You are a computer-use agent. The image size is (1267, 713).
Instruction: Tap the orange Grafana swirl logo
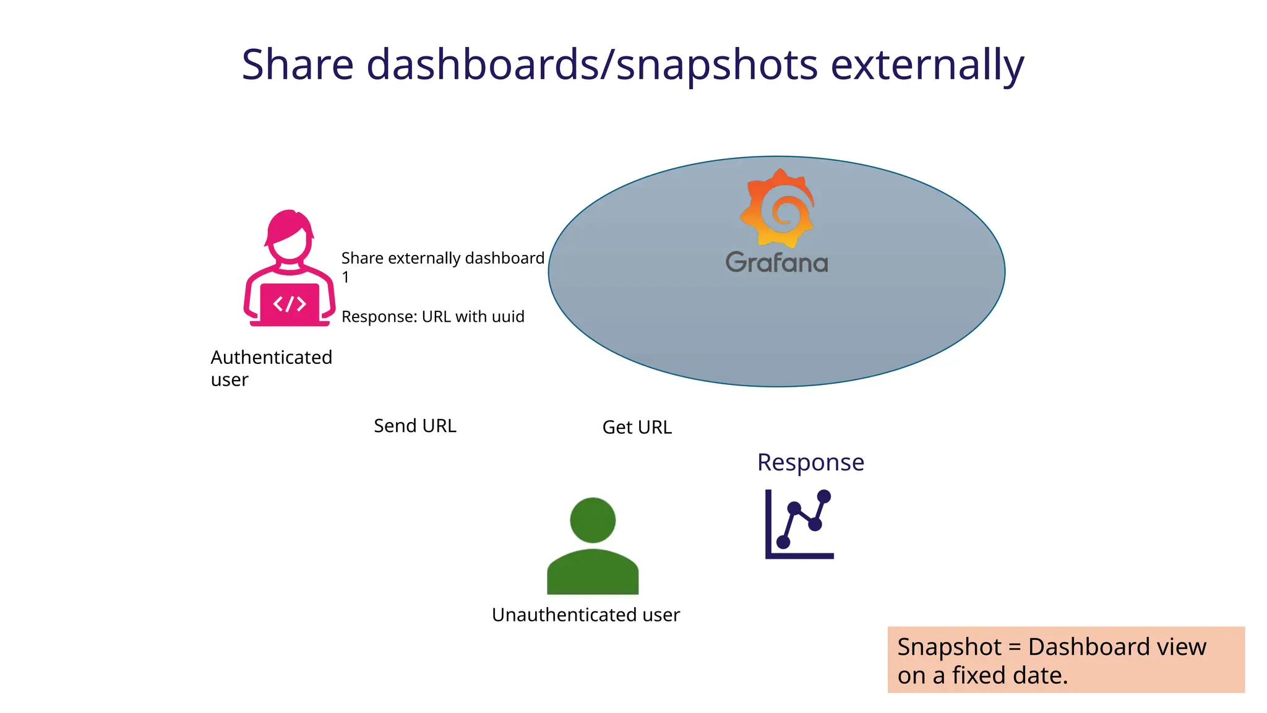(x=778, y=209)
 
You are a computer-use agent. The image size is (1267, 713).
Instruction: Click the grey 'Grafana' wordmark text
(x=776, y=262)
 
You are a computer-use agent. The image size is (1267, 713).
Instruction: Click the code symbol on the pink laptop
(x=290, y=304)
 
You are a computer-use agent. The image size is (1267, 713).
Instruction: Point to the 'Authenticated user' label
(x=271, y=368)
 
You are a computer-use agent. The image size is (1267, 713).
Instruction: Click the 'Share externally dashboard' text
(x=442, y=258)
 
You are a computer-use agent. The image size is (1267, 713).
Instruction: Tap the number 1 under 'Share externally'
(x=346, y=277)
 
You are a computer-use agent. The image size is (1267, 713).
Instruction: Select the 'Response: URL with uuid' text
(x=432, y=317)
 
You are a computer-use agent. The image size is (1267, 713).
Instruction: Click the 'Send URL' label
(x=414, y=426)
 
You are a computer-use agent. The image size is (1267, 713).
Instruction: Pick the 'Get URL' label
(x=637, y=427)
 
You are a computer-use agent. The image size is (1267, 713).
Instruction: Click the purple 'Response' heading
(x=810, y=462)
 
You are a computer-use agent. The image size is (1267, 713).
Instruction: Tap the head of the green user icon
(x=593, y=520)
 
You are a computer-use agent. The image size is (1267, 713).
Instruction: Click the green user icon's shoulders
(x=593, y=573)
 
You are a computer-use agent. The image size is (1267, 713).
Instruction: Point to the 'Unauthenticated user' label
(x=585, y=615)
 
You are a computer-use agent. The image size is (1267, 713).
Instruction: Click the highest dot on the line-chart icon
(x=824, y=496)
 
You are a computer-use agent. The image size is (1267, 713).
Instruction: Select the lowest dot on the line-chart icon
(x=783, y=542)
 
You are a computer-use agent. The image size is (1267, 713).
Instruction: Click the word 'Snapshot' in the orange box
(x=949, y=647)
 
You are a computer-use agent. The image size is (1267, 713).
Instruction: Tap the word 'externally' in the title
(x=927, y=65)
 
